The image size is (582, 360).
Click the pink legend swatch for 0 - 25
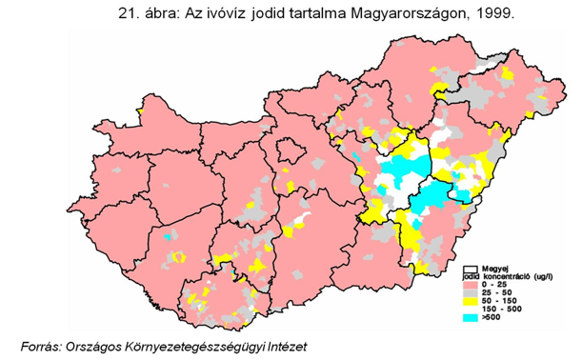pos(472,284)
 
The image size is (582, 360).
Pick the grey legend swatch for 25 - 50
pos(472,292)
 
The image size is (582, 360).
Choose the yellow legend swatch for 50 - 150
pos(472,301)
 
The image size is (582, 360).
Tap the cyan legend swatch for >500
pos(472,317)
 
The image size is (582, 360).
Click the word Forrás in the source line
pos(43,344)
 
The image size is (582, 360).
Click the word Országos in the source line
pos(99,344)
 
